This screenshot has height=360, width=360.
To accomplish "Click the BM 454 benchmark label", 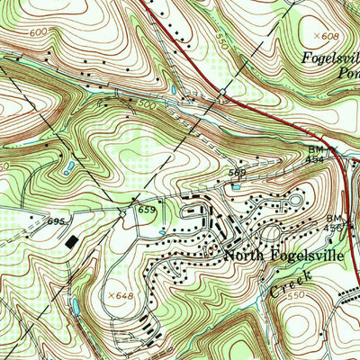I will coord(316,154).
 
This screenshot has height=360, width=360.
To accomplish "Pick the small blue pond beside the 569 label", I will coord(236,186).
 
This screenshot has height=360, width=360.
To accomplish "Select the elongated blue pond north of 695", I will coord(67,167).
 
